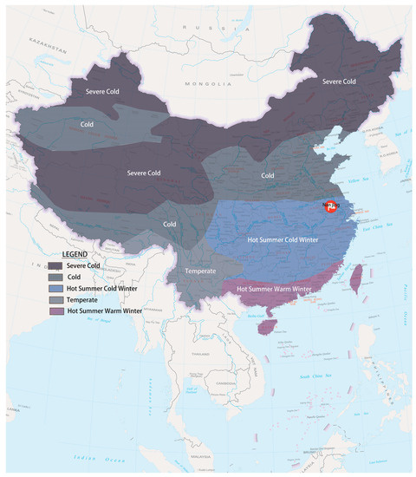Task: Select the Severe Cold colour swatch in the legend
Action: pos(55,265)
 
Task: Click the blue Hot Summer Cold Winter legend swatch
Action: pos(55,286)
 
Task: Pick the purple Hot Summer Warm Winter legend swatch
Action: pos(55,309)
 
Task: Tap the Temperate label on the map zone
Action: pos(205,271)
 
